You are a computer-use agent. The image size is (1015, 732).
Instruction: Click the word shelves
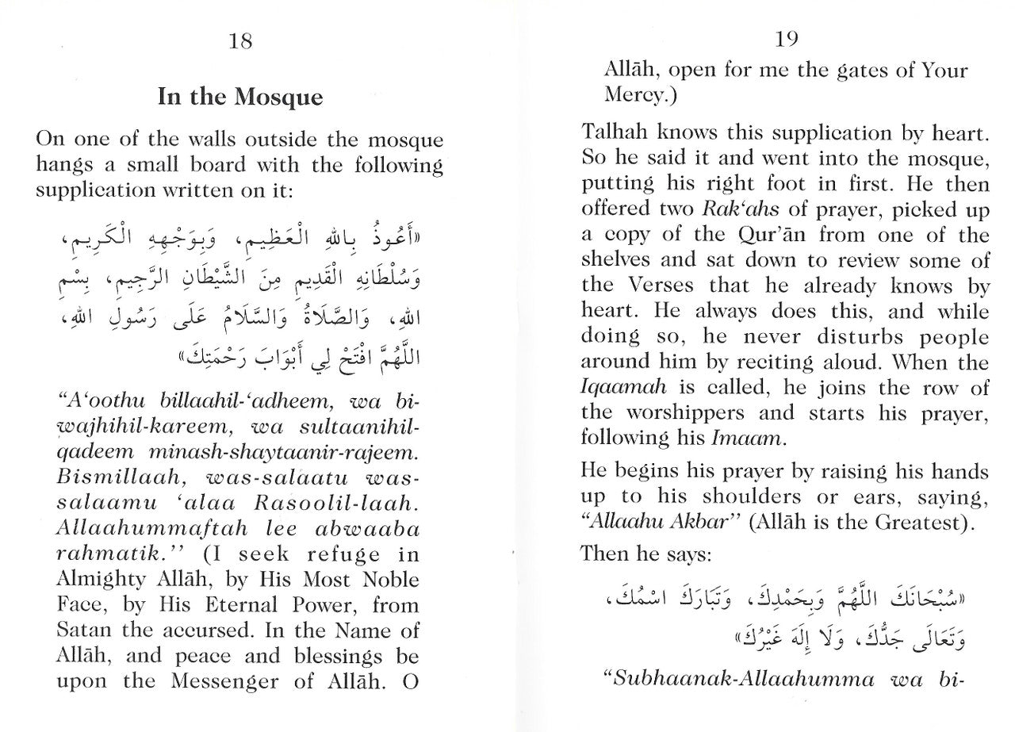pos(619,260)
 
